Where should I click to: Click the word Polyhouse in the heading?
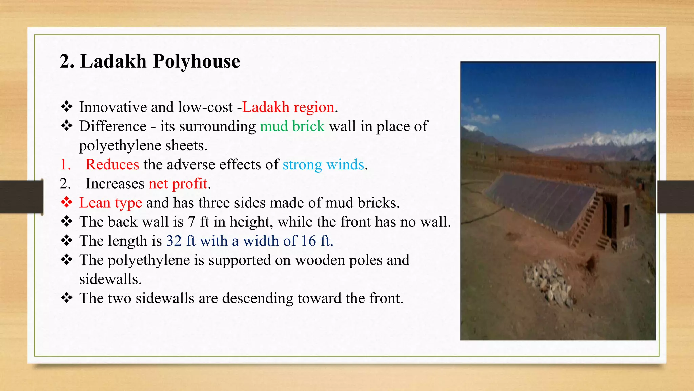point(196,61)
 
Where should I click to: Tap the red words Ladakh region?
point(288,107)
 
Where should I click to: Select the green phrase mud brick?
point(292,126)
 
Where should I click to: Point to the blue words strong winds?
point(323,165)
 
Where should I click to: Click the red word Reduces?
point(112,165)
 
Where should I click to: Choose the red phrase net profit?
point(178,184)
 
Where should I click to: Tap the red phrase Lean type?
point(110,203)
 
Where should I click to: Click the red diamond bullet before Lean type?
point(66,203)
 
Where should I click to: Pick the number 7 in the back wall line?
point(191,222)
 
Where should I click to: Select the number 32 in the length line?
point(174,241)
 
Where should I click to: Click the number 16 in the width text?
point(308,241)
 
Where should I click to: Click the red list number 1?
point(65,165)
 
